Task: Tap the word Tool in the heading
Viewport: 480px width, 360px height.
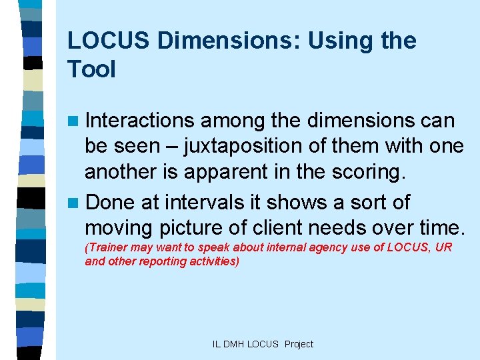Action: click(91, 69)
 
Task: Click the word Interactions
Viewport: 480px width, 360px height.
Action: click(139, 121)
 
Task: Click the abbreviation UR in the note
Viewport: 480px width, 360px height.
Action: click(445, 247)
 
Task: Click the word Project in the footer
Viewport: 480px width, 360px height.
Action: click(299, 344)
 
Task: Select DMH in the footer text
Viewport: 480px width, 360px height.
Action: click(234, 344)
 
